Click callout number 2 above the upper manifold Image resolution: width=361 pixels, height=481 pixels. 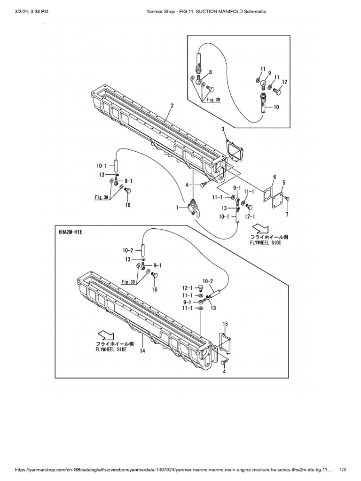tap(172, 106)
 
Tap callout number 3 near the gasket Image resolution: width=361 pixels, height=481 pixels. tap(223, 129)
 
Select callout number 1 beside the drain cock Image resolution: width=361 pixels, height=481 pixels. tap(178, 207)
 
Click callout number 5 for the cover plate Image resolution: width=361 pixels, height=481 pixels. tap(284, 182)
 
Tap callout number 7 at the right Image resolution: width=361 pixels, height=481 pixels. tap(287, 214)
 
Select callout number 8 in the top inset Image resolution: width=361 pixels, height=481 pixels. tap(210, 72)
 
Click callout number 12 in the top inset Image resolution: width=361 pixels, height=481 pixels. tap(284, 82)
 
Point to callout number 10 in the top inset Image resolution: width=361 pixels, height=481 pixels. tap(276, 107)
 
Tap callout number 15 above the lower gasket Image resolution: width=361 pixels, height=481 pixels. tap(226, 324)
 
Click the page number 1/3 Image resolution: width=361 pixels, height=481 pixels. tap(343, 470)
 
